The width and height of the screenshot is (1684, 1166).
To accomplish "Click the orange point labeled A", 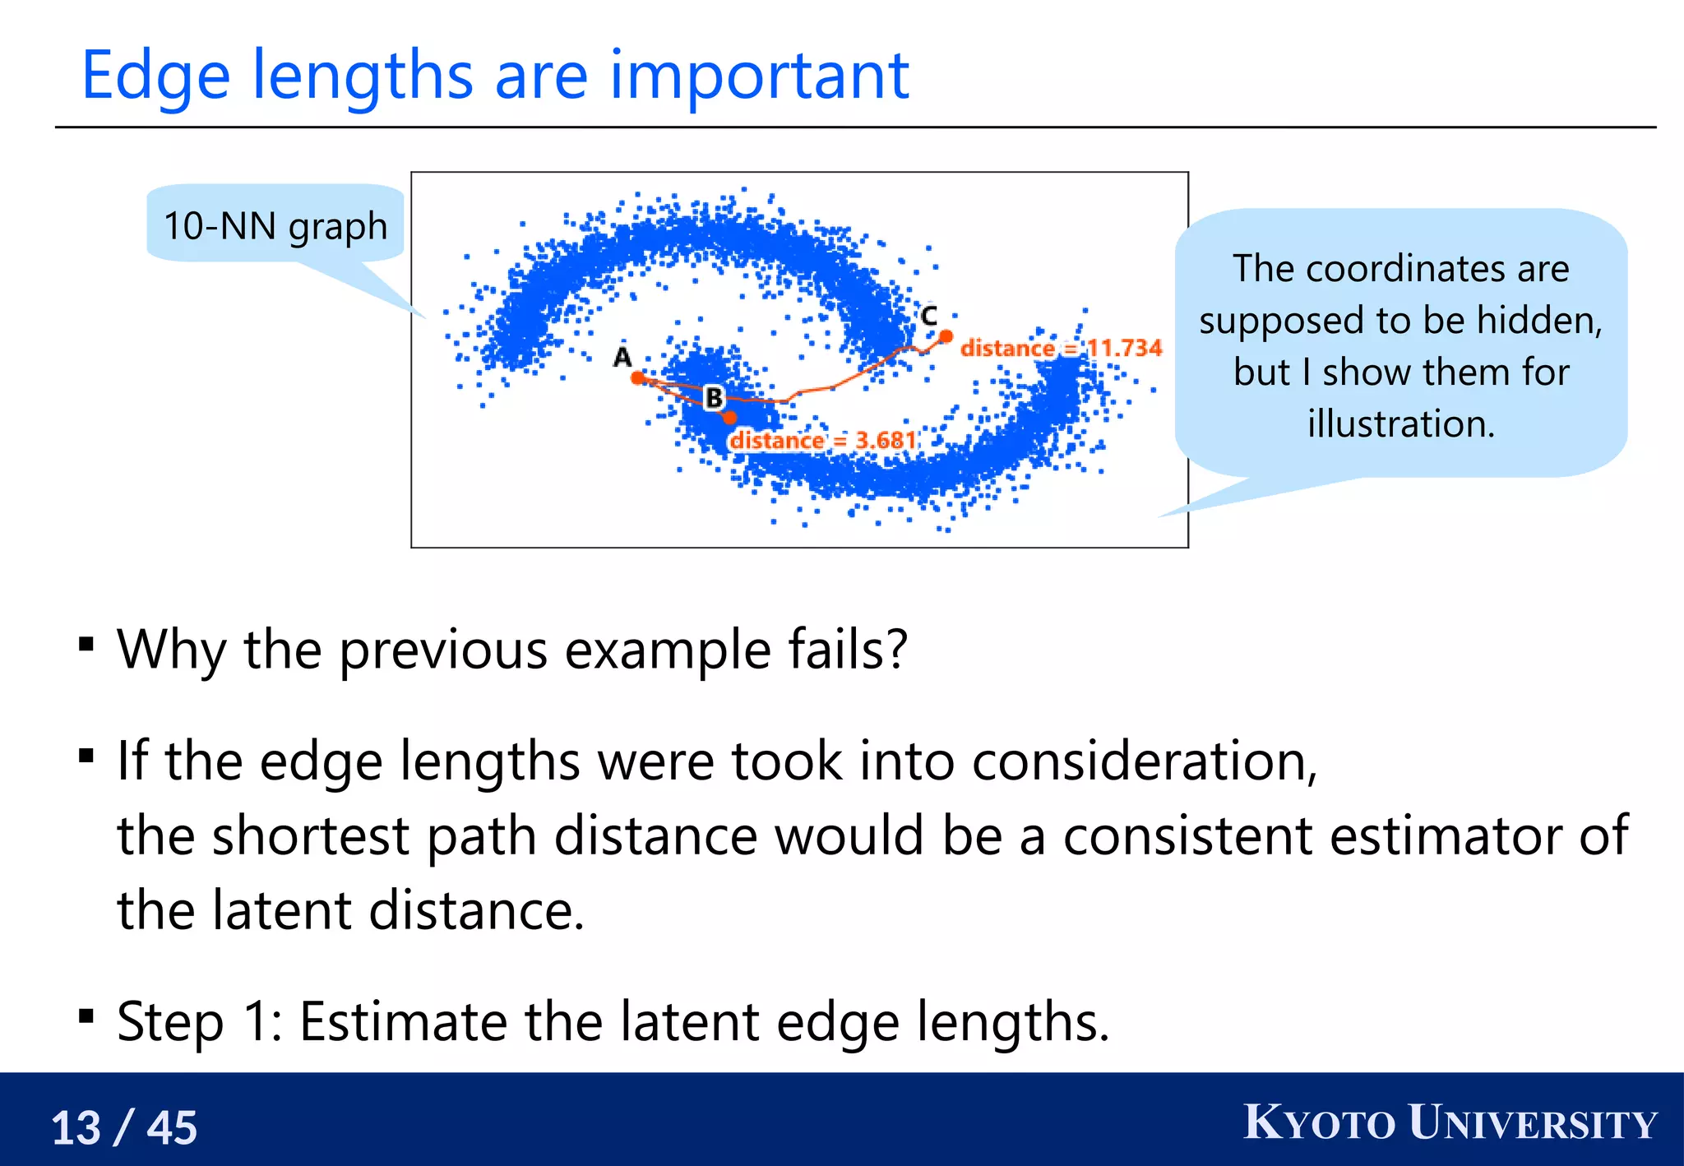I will (638, 377).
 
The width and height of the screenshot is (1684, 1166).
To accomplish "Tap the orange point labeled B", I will (729, 417).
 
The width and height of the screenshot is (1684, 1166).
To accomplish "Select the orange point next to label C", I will (946, 335).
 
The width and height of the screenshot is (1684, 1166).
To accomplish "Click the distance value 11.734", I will (1124, 348).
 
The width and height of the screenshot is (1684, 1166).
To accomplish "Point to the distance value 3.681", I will (886, 441).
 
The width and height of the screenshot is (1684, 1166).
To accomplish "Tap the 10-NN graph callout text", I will (275, 225).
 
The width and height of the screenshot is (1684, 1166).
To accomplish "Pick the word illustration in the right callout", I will (1401, 423).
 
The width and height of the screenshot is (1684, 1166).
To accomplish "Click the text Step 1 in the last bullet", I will (198, 1021).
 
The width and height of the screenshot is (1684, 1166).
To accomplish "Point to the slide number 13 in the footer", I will (76, 1127).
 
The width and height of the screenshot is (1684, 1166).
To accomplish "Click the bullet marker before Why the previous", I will (86, 644).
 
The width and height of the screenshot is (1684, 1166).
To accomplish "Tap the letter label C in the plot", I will (928, 315).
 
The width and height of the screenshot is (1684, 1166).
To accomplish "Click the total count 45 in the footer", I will (172, 1127).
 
